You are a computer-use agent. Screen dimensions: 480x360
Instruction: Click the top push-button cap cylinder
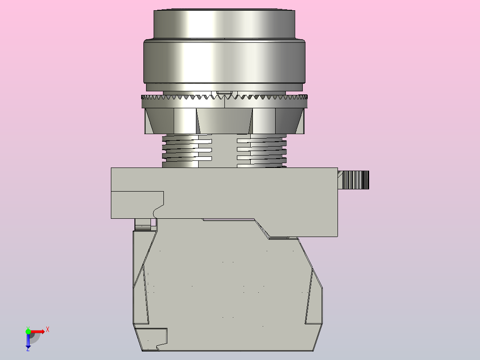click(224, 24)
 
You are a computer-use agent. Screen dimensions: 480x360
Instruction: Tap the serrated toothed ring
click(224, 98)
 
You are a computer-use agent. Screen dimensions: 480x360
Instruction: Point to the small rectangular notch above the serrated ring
click(227, 93)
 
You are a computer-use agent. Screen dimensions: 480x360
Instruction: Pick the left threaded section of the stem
click(187, 151)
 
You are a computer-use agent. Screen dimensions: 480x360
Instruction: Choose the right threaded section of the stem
click(262, 151)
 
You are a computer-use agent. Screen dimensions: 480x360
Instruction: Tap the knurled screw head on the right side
click(355, 180)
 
